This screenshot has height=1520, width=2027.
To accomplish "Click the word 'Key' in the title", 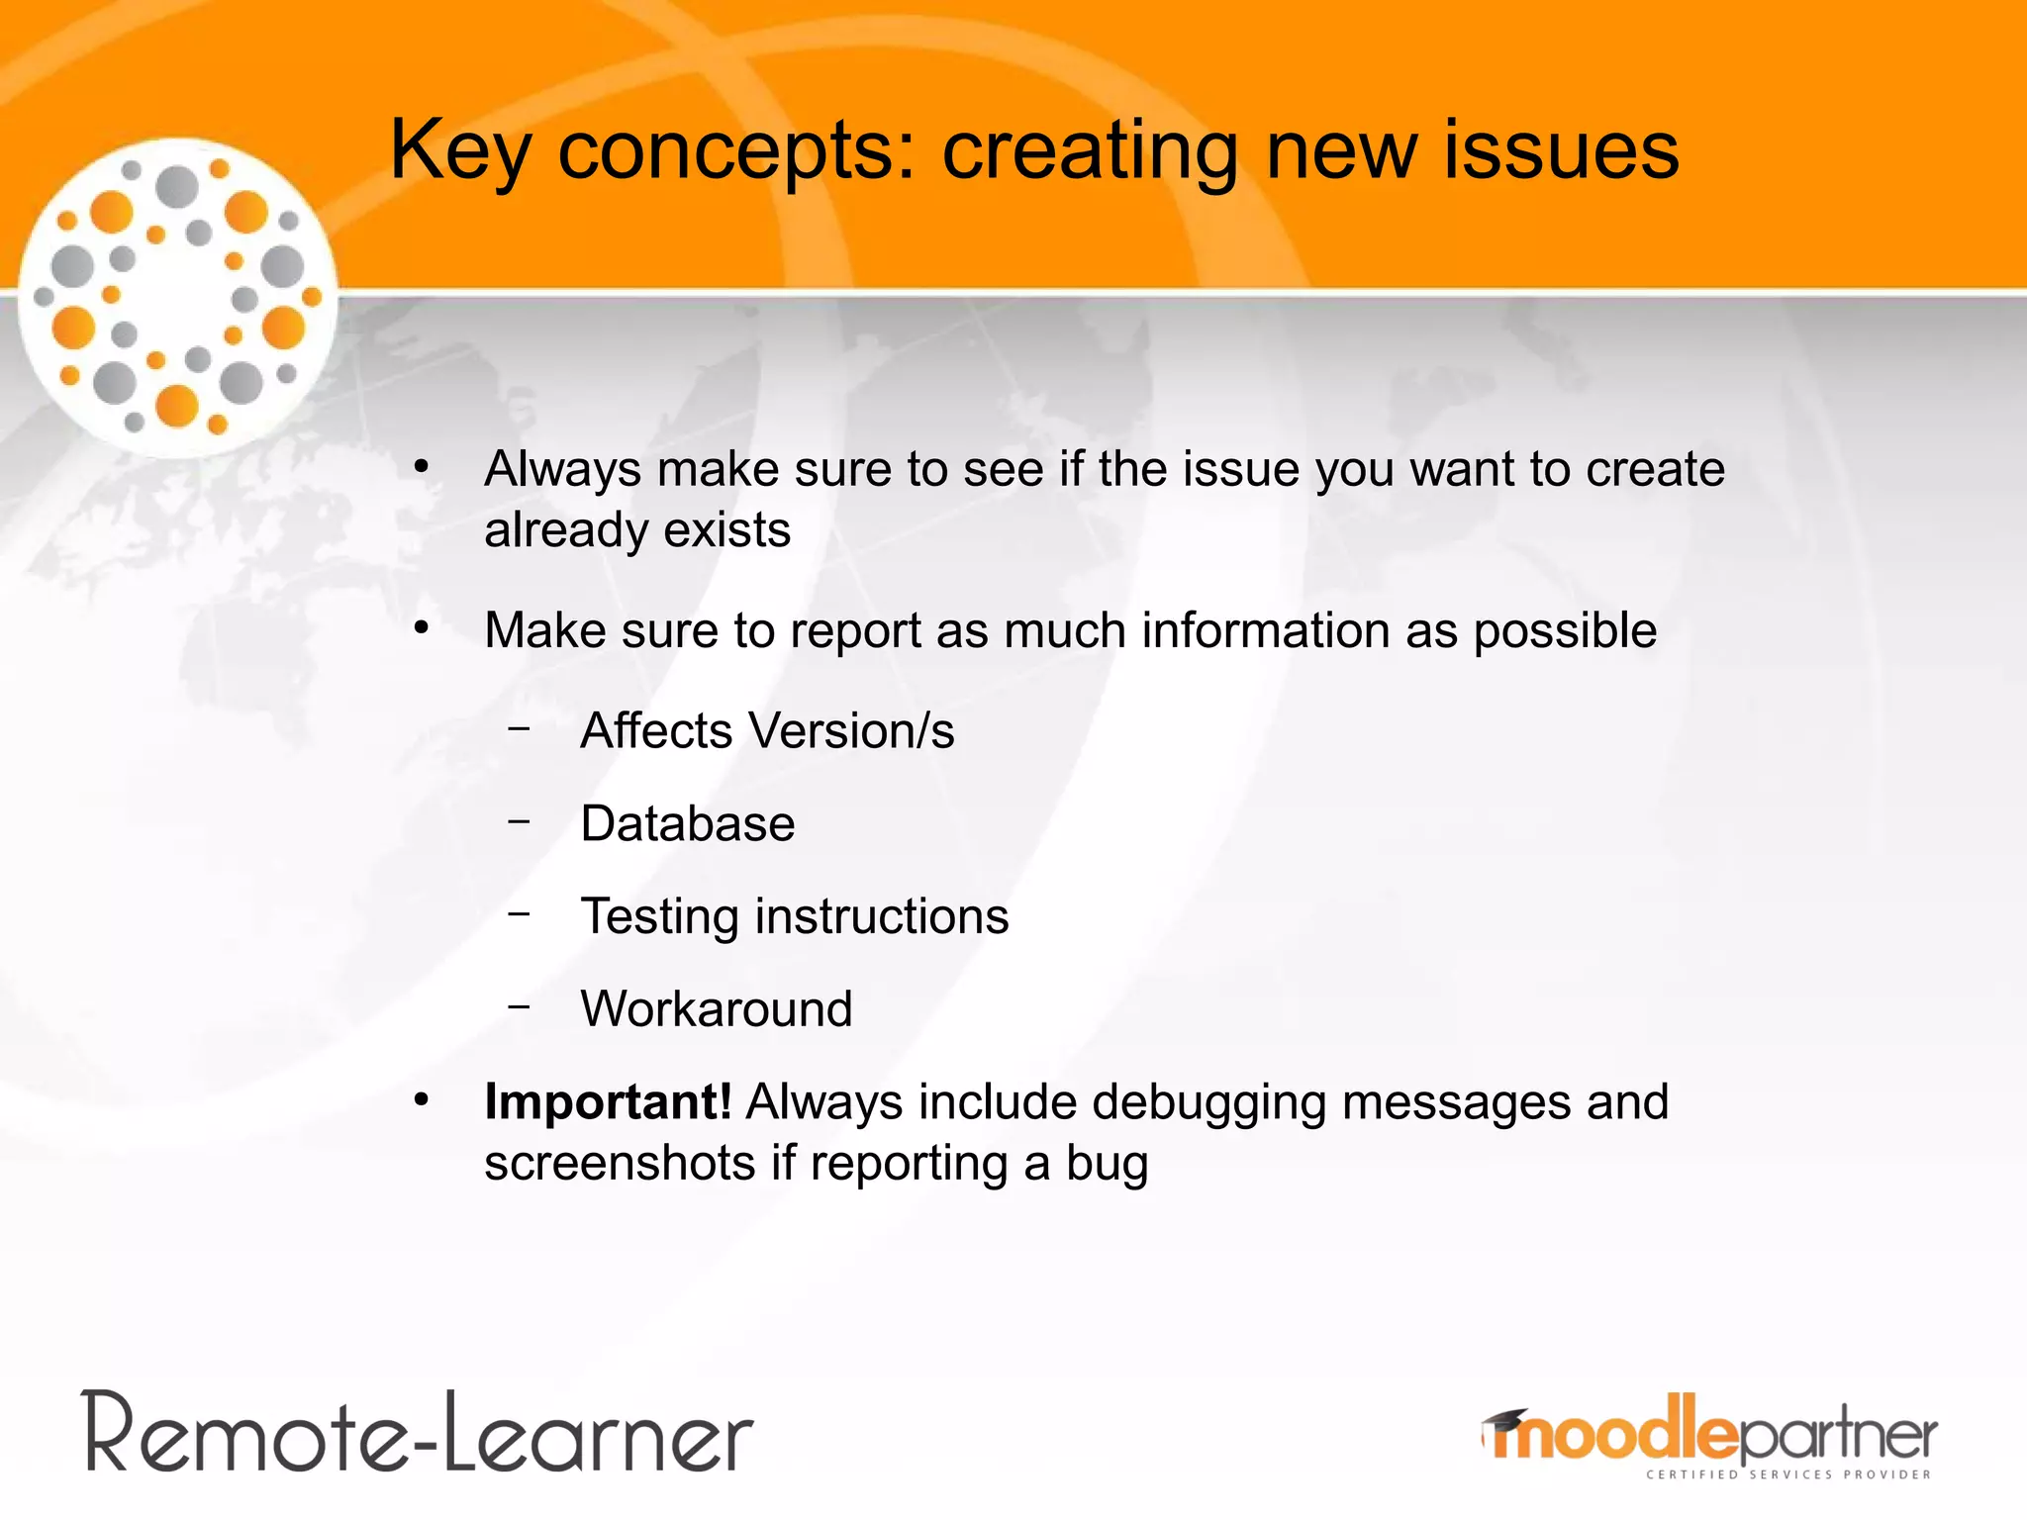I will click(x=460, y=150).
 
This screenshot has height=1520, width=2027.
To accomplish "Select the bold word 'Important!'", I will click(x=608, y=1101).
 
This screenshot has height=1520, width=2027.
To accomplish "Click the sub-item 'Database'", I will click(x=687, y=823).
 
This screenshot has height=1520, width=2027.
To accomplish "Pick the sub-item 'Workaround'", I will click(x=716, y=1008).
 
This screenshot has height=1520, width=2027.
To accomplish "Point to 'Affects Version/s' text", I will click(x=767, y=730).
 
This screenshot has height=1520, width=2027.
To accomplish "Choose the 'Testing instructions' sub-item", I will click(x=794, y=915).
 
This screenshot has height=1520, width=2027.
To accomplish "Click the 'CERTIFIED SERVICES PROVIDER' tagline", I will click(x=1787, y=1474).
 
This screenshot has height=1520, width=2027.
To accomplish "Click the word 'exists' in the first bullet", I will click(x=726, y=529).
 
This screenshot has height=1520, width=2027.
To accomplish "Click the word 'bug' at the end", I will click(x=1107, y=1165).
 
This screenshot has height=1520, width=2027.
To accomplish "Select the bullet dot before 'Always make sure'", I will click(x=422, y=466).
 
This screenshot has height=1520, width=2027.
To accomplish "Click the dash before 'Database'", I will click(x=519, y=821).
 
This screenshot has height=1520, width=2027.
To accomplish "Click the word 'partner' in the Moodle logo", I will click(x=1836, y=1437).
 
